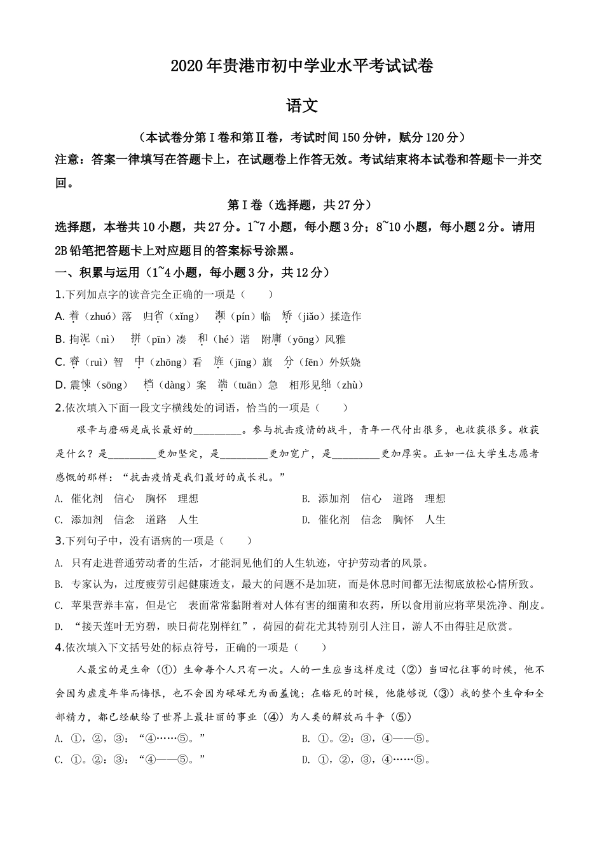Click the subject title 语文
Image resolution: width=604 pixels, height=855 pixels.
pos(302,106)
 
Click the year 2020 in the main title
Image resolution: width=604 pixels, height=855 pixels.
pos(186,66)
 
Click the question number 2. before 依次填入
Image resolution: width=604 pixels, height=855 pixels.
pos(60,408)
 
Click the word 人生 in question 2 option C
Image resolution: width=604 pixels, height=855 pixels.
pos(188,520)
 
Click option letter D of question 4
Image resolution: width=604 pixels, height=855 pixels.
pos(305,760)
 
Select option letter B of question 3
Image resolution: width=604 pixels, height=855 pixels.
pos(58,585)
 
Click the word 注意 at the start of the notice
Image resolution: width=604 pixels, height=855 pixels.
pos(67,160)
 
